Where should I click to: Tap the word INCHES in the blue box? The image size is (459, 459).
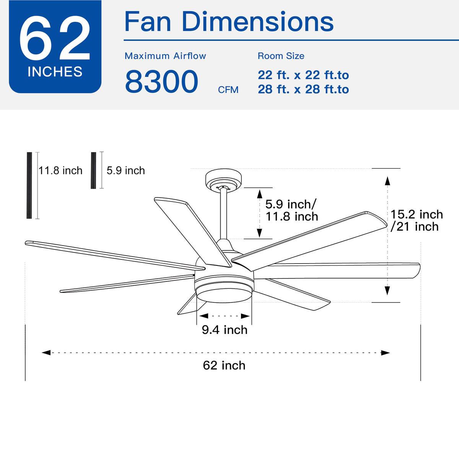[x=55, y=72]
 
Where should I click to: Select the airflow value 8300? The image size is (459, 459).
[x=161, y=82]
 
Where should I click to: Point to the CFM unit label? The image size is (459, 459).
[x=228, y=90]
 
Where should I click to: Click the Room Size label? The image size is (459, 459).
[x=281, y=56]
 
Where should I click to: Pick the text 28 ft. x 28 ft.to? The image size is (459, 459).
[x=303, y=90]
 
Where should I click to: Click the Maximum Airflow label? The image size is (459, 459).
[x=165, y=56]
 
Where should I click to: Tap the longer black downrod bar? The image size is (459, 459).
[x=29, y=186]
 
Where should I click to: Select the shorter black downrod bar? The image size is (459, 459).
[x=93, y=170]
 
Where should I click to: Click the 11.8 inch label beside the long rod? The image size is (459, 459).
[x=60, y=171]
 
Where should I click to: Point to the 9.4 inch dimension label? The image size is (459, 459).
[x=225, y=330]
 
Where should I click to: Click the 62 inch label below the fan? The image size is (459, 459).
[x=224, y=365]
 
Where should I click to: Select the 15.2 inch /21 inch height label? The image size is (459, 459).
[x=416, y=220]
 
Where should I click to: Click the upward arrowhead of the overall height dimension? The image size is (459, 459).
[x=387, y=181]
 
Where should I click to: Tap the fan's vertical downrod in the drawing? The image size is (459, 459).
[x=224, y=214]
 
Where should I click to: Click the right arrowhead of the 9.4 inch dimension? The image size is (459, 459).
[x=245, y=316]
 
